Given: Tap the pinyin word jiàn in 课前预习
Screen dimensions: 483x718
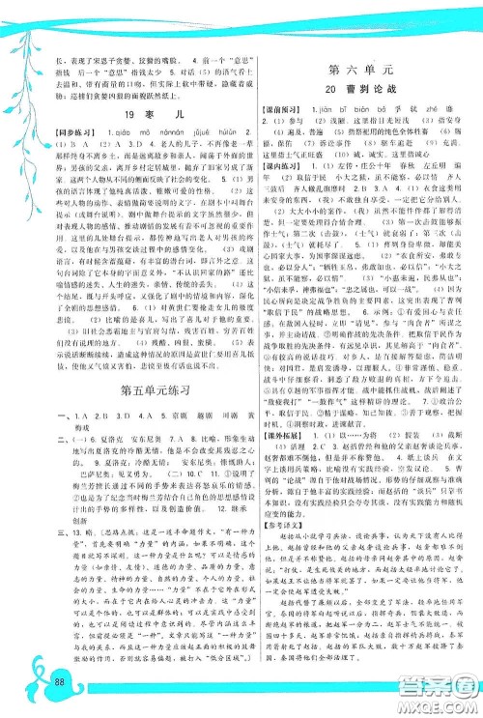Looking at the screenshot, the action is [x=341, y=110].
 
